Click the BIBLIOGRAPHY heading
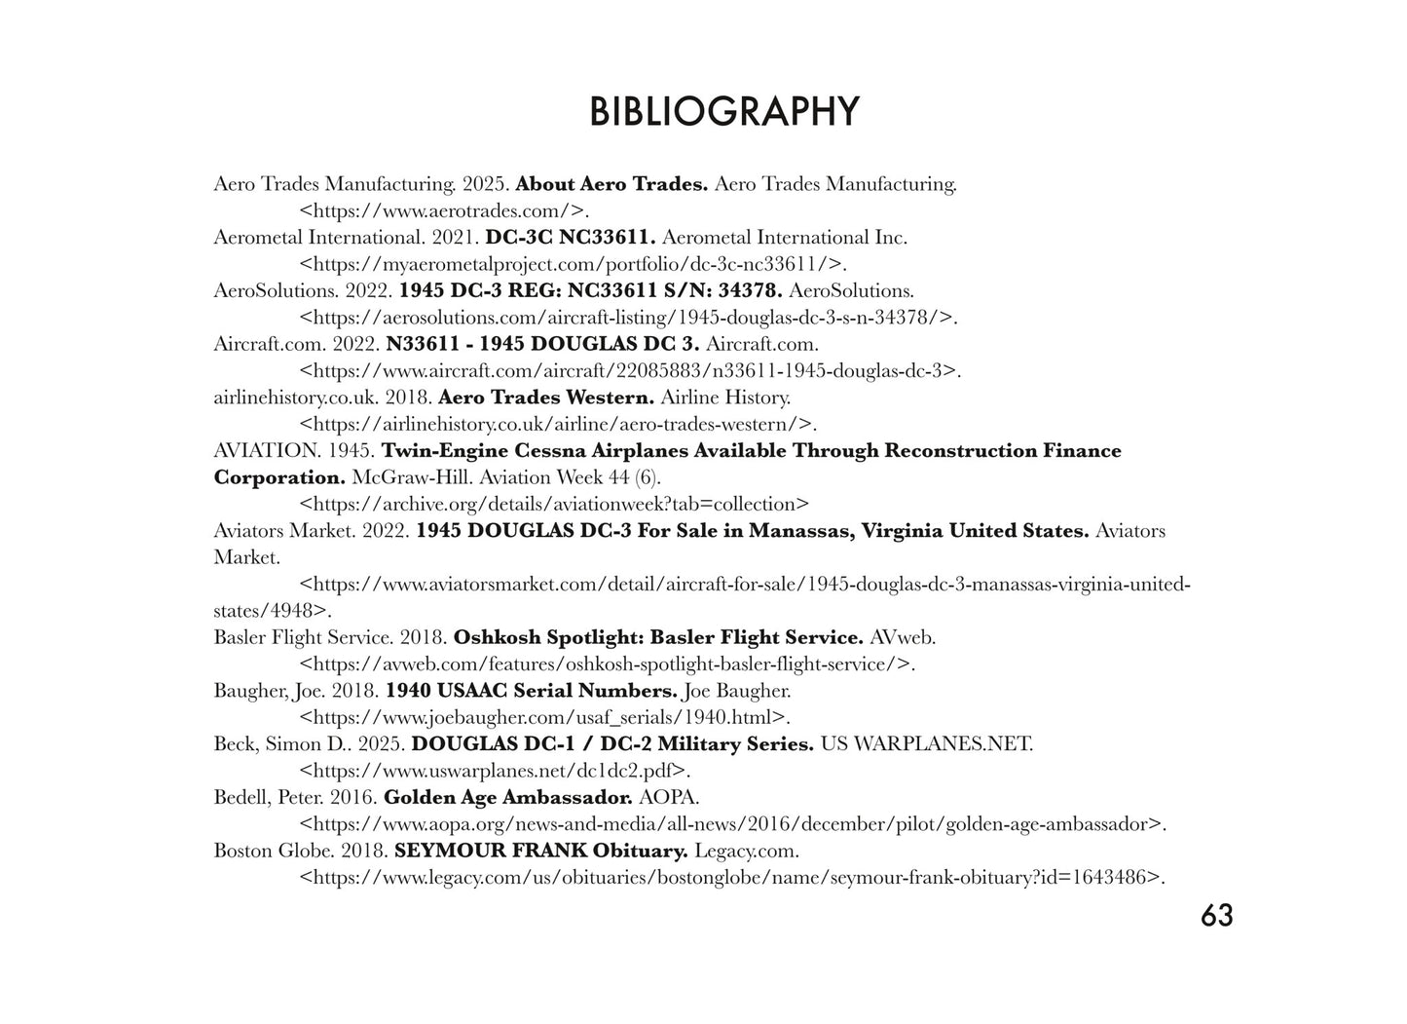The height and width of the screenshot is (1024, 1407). click(x=723, y=112)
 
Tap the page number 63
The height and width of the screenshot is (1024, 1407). click(x=1216, y=916)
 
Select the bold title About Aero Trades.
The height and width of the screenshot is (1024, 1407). click(x=611, y=184)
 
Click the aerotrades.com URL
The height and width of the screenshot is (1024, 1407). click(x=444, y=210)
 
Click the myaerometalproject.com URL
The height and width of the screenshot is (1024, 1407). click(x=572, y=264)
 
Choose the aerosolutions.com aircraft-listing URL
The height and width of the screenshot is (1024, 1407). click(x=627, y=318)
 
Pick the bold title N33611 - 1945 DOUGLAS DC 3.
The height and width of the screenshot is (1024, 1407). click(x=542, y=344)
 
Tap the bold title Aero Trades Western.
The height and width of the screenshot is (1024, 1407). click(x=546, y=398)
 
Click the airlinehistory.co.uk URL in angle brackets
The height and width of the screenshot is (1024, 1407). click(x=556, y=424)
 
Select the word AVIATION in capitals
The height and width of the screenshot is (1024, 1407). click(x=266, y=451)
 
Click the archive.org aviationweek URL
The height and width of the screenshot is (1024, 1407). click(x=554, y=505)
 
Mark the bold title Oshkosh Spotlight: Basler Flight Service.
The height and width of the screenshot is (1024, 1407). click(x=658, y=638)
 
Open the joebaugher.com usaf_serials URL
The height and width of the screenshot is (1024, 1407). click(x=543, y=718)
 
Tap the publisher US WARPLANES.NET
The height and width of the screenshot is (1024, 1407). click(x=926, y=744)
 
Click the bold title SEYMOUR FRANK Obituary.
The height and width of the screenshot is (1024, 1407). click(x=540, y=851)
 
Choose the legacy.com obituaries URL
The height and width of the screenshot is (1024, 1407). click(x=731, y=878)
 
